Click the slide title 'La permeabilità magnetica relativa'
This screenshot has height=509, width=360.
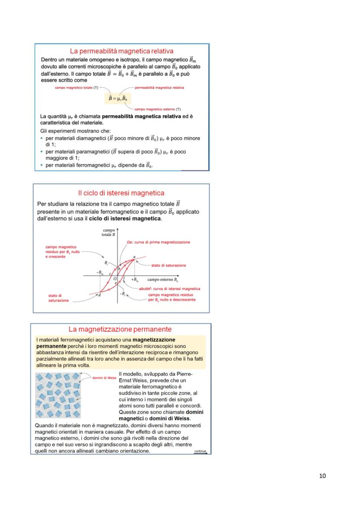point(122,51)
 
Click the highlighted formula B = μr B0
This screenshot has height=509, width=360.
point(119,98)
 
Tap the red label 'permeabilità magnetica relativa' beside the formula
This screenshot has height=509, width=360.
point(160,88)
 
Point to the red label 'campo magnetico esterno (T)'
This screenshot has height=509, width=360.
point(157,109)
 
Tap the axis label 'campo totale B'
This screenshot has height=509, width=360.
point(108,232)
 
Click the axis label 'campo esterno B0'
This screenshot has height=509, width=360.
point(163,280)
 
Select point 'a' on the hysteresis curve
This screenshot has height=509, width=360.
point(134,257)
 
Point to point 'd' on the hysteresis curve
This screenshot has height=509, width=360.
point(100,295)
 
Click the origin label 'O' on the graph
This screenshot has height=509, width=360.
point(115,279)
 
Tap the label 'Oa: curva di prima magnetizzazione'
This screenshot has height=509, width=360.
point(158,242)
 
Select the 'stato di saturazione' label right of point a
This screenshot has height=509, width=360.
point(168,265)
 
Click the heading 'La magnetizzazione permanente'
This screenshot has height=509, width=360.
point(120,329)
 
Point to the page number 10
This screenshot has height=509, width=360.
point(322,476)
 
